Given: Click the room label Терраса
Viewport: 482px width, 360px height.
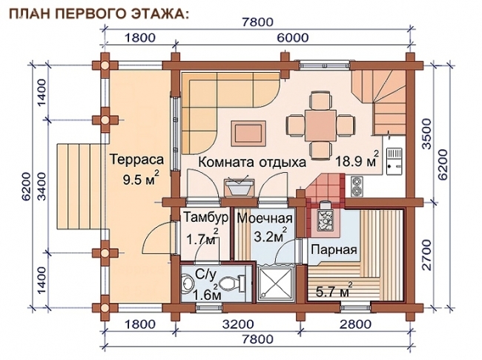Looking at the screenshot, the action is click(136, 160).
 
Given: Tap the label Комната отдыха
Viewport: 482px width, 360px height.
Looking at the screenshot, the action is click(252, 162).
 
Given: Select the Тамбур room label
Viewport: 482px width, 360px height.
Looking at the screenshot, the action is click(206, 217).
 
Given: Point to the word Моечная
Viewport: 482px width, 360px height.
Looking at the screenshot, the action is click(265, 218).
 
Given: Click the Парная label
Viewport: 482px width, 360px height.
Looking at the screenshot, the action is click(334, 249).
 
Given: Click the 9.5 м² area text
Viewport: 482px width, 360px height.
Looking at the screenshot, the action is click(141, 178).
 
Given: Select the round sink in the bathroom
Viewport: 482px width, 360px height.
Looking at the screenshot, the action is click(186, 282).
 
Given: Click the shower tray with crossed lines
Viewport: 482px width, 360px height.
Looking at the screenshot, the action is click(275, 283).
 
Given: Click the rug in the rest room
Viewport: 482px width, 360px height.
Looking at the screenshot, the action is click(248, 134).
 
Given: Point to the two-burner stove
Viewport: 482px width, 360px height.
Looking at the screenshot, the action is click(357, 186).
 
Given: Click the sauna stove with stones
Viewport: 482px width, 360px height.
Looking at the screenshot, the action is click(326, 216).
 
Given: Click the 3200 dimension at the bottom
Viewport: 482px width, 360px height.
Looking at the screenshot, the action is click(239, 324).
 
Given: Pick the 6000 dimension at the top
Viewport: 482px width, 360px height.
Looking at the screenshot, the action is click(292, 38).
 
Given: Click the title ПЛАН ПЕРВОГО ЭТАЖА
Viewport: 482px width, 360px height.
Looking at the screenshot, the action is click(99, 14).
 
